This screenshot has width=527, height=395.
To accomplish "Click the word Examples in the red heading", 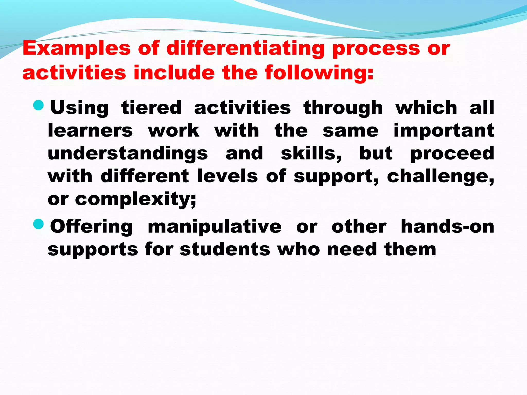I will point(76,49).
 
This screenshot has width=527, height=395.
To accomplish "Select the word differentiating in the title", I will point(245,49).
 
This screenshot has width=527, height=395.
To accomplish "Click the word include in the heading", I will point(174,73).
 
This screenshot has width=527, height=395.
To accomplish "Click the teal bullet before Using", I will point(39,105).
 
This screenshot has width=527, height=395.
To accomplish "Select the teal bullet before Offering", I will point(39,224).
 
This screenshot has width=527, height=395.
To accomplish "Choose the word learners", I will point(90,130).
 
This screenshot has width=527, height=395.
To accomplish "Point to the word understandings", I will point(128,154).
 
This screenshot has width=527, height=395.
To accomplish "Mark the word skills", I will point(311,154).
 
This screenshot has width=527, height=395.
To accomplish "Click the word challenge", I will point(440,177).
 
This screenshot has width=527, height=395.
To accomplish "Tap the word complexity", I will point(135,200).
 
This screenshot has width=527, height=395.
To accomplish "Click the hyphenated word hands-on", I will point(447,227).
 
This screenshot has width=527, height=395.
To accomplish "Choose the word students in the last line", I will point(225,249).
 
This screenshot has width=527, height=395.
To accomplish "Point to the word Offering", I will point(91,227).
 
